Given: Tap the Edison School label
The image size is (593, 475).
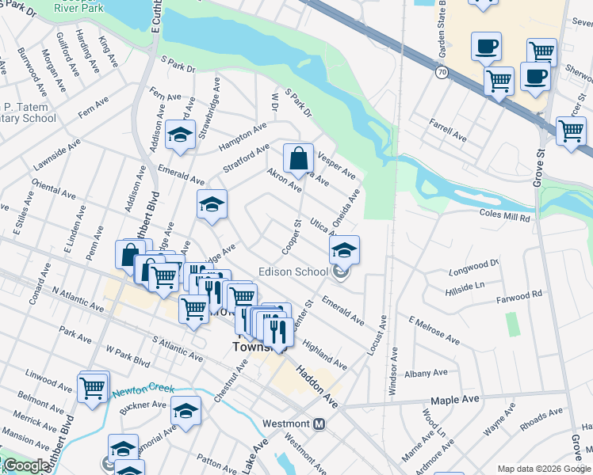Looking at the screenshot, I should point(293,272).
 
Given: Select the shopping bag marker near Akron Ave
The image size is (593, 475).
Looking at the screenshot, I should point(298,159).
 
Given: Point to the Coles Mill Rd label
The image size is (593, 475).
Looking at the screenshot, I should point(505,215).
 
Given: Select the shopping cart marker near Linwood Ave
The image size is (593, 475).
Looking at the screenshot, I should point(94,388).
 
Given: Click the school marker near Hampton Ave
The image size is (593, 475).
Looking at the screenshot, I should point(181,134).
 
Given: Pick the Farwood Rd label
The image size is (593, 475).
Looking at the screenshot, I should point(519,294).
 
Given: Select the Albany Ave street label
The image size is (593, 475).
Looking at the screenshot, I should point(423,374).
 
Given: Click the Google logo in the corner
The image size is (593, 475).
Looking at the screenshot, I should point(26,465).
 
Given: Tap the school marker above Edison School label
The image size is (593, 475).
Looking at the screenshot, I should point(344,251).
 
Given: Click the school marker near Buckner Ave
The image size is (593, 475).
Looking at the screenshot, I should point(186,411).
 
